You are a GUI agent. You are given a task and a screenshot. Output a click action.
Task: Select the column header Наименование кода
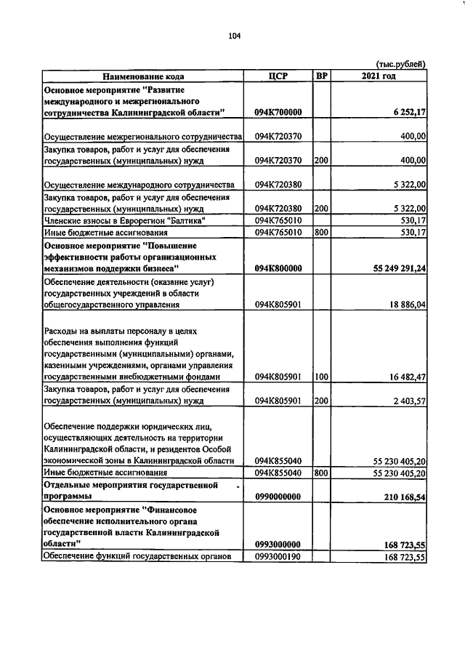click(142, 76)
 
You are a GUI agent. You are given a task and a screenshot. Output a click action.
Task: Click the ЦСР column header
click(279, 76)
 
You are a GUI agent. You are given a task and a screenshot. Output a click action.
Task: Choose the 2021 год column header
click(379, 76)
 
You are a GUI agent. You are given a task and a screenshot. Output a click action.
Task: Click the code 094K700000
click(278, 113)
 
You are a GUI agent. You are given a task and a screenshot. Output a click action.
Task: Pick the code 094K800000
click(278, 268)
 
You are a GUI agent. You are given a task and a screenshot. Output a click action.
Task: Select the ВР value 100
click(321, 377)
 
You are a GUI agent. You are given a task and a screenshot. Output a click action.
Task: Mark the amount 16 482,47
click(403, 377)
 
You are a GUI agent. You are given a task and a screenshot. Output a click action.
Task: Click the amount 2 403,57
click(405, 401)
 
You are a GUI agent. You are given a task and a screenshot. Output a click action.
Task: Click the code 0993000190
click(278, 557)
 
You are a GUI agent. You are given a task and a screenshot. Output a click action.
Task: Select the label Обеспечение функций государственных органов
click(137, 557)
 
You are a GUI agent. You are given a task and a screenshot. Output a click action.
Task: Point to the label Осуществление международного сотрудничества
click(138, 185)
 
